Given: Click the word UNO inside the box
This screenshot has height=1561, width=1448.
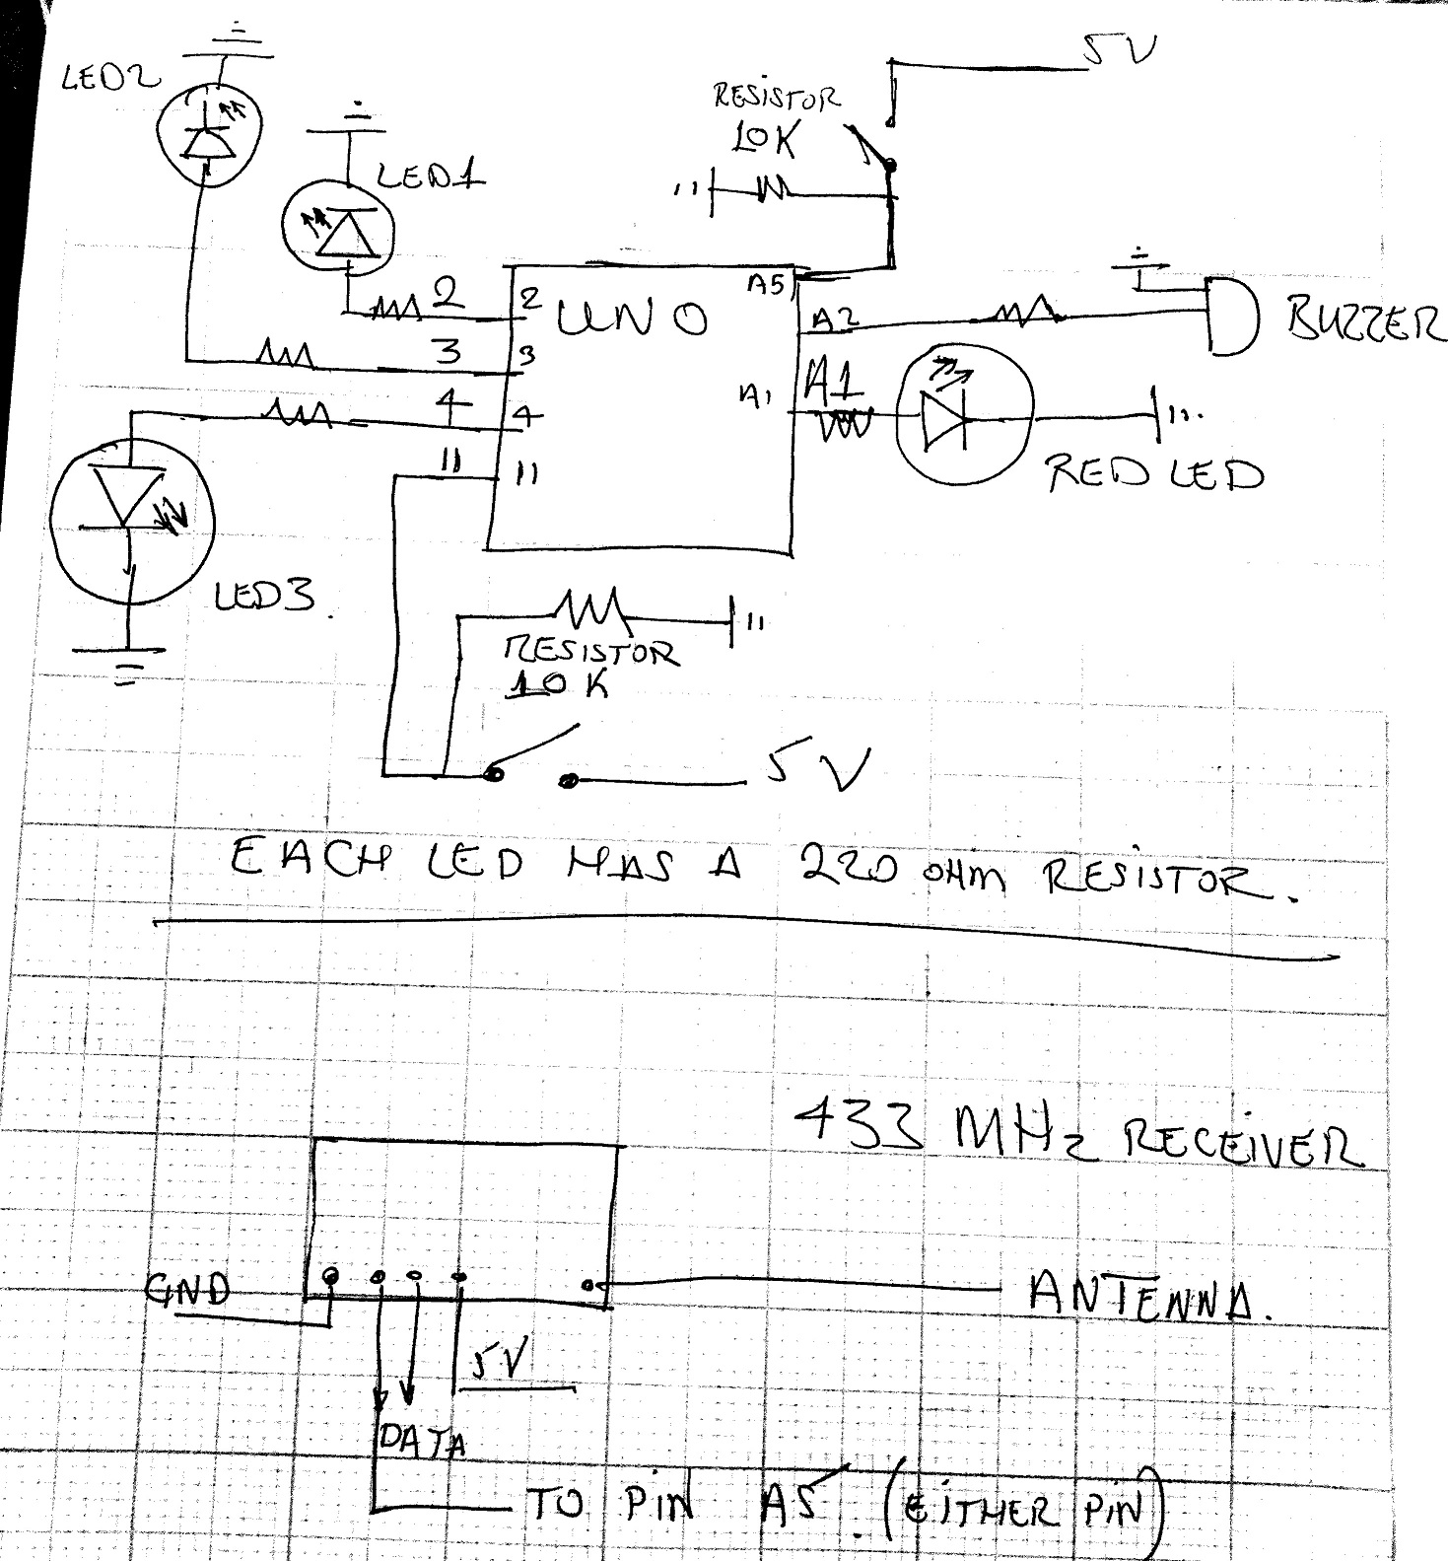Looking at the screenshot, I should point(631,318).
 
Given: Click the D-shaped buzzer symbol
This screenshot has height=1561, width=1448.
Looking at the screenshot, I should point(1232,317).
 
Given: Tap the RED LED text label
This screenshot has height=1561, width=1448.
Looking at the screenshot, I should point(1153,474).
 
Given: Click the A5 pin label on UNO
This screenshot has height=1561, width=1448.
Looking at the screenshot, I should point(765,284).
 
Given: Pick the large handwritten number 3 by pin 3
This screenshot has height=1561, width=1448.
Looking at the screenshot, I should point(448,351).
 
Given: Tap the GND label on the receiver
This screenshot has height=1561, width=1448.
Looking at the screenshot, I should point(187,1289).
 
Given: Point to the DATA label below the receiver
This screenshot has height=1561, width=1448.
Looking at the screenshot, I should point(422,1443).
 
